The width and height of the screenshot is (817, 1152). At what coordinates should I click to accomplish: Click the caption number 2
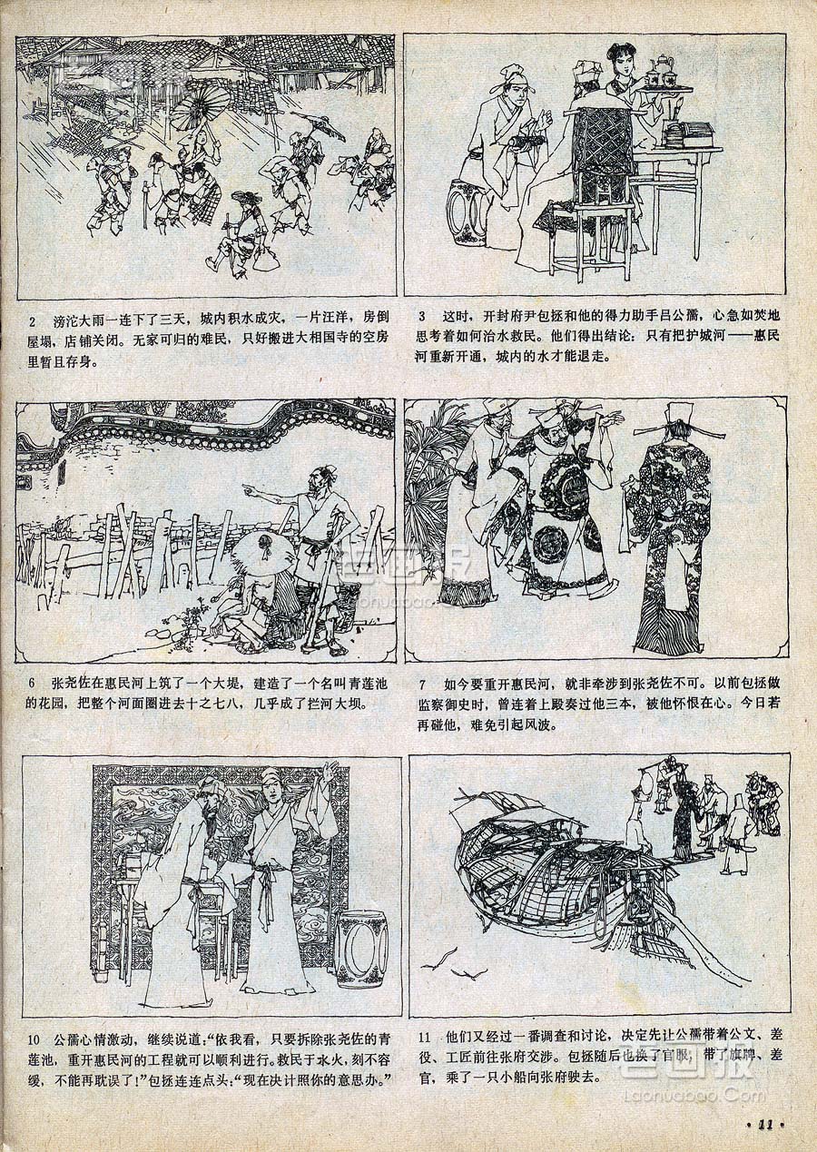33,323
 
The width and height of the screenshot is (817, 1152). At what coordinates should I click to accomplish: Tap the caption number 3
421,315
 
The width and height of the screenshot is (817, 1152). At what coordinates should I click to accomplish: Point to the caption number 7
423,684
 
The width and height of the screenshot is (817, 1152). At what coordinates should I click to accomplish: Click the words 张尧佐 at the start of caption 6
71,684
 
